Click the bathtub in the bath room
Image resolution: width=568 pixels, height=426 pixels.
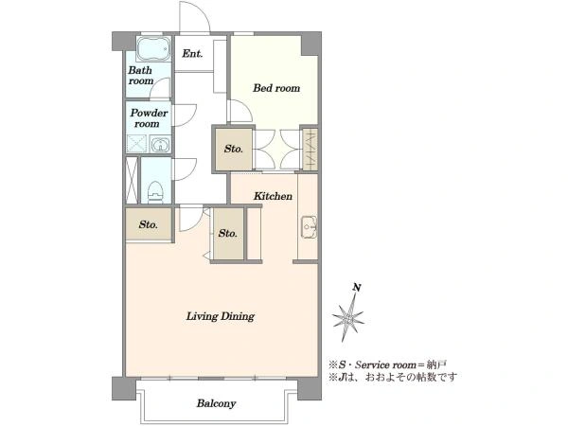point(153,48)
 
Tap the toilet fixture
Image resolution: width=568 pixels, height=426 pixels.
point(156,192)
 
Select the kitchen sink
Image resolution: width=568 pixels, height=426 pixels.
point(309,227)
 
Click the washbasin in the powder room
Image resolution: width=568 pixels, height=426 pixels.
point(160,145)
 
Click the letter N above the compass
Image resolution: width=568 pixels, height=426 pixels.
point(357,288)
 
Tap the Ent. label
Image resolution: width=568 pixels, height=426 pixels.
point(192,54)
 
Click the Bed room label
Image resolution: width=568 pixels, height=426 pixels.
point(276,88)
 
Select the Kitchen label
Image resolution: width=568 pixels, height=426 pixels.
point(273,196)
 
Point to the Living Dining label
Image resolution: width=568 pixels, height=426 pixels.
point(221,316)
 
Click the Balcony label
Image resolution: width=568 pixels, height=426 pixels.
point(216,403)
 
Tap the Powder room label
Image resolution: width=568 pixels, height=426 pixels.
point(149,118)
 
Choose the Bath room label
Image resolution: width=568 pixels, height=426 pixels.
point(140,76)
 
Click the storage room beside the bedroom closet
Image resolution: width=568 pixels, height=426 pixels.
point(234,149)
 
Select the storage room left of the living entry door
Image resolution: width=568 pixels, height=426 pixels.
point(149,224)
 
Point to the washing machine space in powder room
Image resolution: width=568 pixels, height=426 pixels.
point(136,144)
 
